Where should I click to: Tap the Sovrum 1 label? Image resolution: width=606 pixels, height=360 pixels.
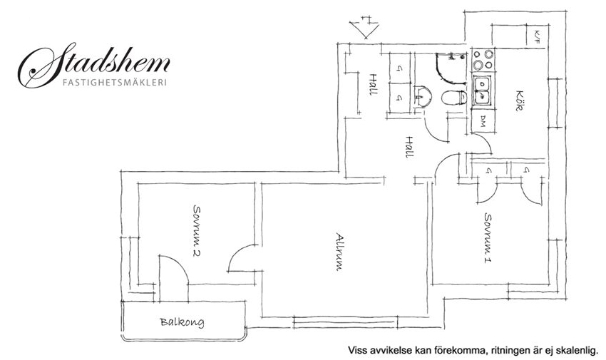click(488, 237)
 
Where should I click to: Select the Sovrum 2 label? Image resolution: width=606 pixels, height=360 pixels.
click(197, 230)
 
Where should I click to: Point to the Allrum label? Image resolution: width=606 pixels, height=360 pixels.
click(339, 252)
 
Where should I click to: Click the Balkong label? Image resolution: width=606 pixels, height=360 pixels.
click(182, 322)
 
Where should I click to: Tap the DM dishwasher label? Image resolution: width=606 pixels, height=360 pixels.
click(483, 122)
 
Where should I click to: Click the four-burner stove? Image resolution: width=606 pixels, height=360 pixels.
click(483, 60)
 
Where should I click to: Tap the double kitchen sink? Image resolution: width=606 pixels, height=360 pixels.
click(482, 91)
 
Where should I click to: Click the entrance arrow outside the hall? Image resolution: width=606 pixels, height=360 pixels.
click(364, 27)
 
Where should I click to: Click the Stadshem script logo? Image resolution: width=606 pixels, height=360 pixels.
click(94, 64)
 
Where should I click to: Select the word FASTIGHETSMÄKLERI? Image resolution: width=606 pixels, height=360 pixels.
click(115, 83)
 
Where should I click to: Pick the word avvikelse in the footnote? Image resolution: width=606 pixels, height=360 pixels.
click(385, 351)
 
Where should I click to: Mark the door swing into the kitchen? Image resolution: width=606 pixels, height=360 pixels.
click(481, 143)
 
